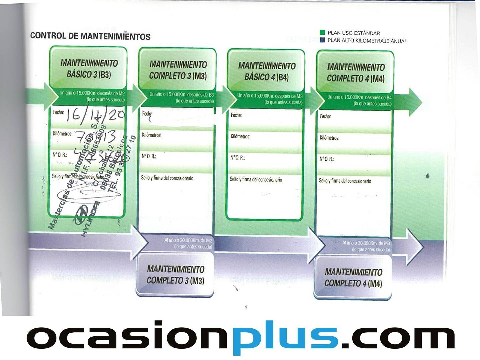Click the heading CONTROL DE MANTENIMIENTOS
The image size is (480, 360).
(90, 36)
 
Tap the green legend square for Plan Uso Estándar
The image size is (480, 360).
(322, 33)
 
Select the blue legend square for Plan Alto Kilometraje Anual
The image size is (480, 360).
(322, 40)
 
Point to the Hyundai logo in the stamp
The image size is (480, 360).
(81, 215)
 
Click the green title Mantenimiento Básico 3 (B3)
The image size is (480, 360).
(89, 68)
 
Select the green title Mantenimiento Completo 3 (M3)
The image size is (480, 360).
(178, 70)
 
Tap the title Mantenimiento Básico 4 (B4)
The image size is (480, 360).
(267, 71)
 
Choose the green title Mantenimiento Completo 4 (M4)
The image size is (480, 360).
(356, 73)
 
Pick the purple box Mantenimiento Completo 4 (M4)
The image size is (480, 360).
(353, 278)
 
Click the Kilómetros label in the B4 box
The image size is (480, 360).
(240, 136)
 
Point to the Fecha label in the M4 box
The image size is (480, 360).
(325, 116)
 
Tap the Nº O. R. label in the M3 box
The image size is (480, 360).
(149, 156)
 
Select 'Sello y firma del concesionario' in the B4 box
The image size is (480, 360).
(256, 179)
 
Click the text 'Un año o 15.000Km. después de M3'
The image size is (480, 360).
(270, 96)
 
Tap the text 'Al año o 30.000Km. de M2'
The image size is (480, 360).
(188, 240)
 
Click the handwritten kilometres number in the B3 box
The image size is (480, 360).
(95, 137)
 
